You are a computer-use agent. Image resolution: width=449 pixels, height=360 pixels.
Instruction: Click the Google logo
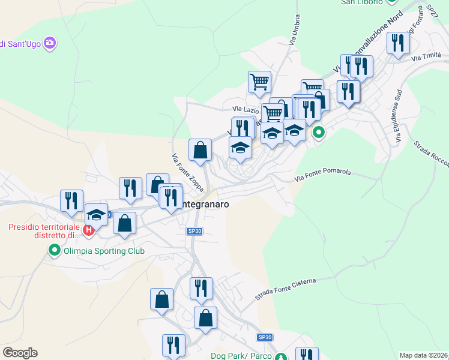click(20, 353)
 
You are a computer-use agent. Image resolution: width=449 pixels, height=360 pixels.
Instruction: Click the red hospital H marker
click(89, 230)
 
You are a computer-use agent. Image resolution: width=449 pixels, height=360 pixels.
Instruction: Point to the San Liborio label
click(361, 2)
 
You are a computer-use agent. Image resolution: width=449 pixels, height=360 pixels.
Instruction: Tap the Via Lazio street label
click(246, 110)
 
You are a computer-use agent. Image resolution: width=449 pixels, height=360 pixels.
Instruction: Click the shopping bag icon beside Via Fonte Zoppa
click(200, 150)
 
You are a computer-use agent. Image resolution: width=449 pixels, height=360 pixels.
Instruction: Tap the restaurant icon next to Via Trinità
click(398, 43)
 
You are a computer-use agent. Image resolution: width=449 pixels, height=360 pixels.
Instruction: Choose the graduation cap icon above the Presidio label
click(96, 214)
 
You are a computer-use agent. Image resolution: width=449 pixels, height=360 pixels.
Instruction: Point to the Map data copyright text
click(424, 355)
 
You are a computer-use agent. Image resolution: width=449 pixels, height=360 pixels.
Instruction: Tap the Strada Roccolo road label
click(430, 152)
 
